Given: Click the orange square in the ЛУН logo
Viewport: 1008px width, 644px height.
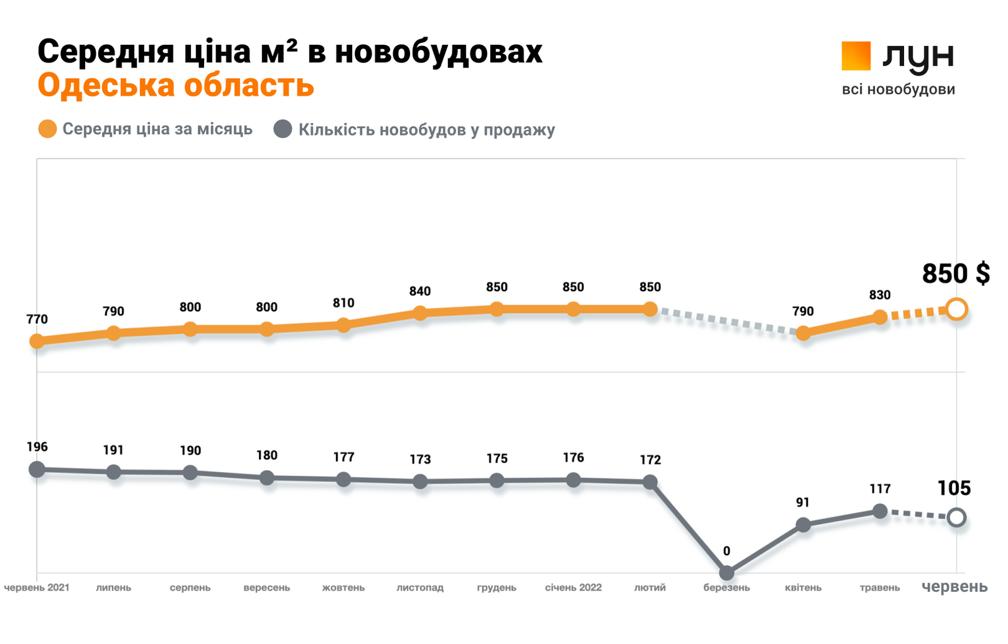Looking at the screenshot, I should (x=856, y=55).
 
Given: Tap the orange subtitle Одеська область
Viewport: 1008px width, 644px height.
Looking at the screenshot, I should (x=176, y=85).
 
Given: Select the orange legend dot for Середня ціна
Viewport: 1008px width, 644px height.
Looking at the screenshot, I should (x=48, y=129).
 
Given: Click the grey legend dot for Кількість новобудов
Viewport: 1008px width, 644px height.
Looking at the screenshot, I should (x=283, y=129).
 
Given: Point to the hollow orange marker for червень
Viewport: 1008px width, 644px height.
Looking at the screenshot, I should (x=956, y=309).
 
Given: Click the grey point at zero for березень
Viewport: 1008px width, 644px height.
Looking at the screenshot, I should (x=726, y=573).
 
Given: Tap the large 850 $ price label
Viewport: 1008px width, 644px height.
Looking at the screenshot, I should (x=955, y=273).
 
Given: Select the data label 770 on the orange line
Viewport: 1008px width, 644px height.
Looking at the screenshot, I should (x=37, y=319).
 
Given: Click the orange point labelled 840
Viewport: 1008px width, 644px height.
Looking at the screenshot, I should (x=420, y=313).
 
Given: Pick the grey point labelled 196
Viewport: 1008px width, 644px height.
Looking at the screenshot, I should (x=37, y=469).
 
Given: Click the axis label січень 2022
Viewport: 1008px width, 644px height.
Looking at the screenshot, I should (x=573, y=587).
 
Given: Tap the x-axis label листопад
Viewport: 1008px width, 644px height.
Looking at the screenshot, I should (x=420, y=587).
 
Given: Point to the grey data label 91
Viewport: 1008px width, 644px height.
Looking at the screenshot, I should (x=803, y=502).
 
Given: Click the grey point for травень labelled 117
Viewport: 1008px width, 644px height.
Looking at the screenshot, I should (x=880, y=511).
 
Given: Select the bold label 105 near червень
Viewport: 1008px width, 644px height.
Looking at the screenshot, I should (x=954, y=488).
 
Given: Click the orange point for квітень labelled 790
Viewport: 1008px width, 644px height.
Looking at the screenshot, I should (x=803, y=333).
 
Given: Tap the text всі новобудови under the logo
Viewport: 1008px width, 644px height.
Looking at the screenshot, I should (x=898, y=89).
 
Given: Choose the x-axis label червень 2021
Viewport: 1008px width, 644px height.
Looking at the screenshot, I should (x=37, y=587).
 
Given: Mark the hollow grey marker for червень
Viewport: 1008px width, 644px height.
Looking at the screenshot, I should (x=956, y=518).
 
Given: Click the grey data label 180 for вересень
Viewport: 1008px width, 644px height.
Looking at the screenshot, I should (x=266, y=455).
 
